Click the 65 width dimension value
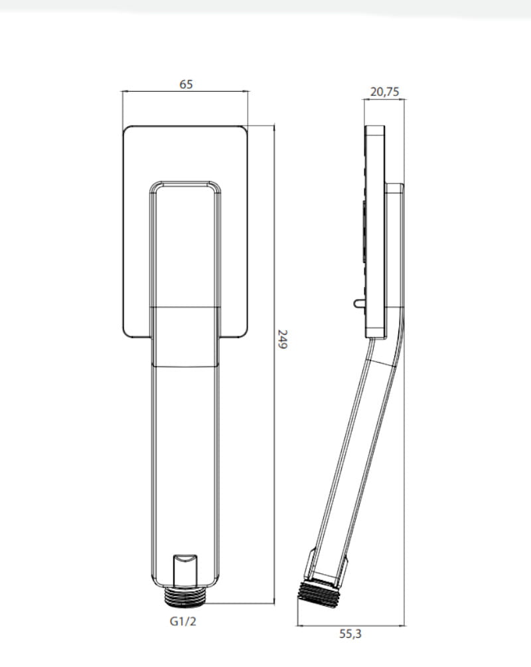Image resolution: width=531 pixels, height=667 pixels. click(186, 84)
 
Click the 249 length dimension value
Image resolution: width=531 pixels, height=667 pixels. click(282, 339)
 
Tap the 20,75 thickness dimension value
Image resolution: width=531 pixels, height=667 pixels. click(385, 92)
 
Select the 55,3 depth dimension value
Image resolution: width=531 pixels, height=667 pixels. click(350, 634)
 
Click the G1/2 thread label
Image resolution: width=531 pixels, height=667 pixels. click(183, 621)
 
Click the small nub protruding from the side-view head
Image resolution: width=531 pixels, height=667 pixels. click(359, 303)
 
